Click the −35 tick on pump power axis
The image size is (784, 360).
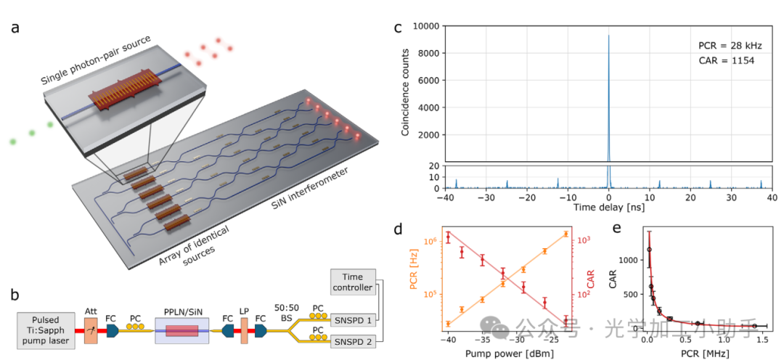(x=483, y=339)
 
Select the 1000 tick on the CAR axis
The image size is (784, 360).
(x=628, y=259)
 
